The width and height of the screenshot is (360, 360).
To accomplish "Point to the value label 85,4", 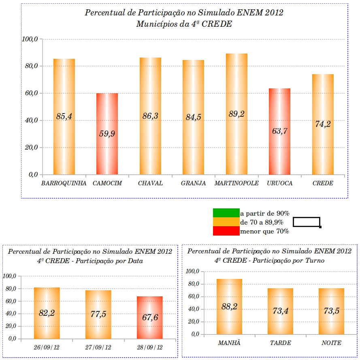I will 64,117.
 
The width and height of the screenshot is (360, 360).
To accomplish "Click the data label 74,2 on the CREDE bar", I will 323,124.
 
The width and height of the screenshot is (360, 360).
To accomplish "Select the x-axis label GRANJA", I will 193,183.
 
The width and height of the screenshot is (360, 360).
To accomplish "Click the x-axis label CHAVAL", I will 150,183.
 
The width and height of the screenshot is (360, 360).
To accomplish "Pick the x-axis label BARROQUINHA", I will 64,183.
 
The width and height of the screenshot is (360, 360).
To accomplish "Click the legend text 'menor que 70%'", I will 264,231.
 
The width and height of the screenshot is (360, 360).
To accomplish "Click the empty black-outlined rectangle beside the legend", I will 307,222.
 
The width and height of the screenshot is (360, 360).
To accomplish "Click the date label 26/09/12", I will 47,347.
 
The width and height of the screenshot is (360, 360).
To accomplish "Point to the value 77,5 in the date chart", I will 98,314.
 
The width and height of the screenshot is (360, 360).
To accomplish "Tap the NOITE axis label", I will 331,343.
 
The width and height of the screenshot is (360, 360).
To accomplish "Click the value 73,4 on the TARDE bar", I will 280,311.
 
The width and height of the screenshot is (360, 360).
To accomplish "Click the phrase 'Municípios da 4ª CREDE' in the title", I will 184,24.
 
